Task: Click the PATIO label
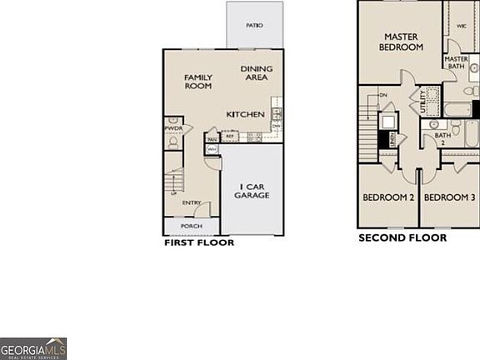pos(254,26)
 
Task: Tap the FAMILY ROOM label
pos(198,82)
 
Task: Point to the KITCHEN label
pos(246,114)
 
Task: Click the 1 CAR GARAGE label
pos(254,191)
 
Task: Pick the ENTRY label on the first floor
pos(192,202)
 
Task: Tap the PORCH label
pos(192,226)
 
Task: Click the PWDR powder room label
pos(172,127)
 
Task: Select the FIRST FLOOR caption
pos(198,243)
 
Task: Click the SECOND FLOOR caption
pos(402,237)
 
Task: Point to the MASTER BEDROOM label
pos(399,43)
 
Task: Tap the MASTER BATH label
pos(456,62)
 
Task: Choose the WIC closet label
pos(461,26)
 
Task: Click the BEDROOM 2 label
pos(388,197)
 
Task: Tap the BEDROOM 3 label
pos(449,197)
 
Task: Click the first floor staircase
pos(172,182)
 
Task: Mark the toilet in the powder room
pos(172,142)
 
